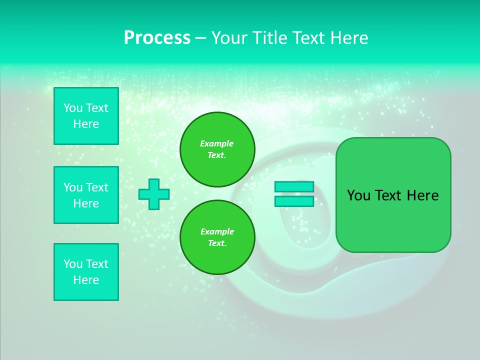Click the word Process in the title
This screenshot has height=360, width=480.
click(x=157, y=38)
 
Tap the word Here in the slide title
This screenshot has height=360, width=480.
click(x=348, y=38)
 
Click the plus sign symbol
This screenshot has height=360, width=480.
click(x=154, y=194)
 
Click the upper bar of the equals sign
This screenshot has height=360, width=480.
click(x=294, y=186)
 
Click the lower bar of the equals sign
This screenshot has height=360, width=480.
click(x=294, y=201)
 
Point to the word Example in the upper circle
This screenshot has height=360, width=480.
click(x=216, y=143)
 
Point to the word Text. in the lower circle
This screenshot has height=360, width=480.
click(x=217, y=243)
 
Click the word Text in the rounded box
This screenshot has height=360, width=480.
click(x=388, y=195)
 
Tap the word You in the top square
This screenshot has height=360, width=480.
click(x=72, y=108)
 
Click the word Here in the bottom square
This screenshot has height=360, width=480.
click(x=86, y=280)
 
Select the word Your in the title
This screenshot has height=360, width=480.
click(x=229, y=38)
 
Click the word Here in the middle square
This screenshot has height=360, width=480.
click(x=86, y=203)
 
